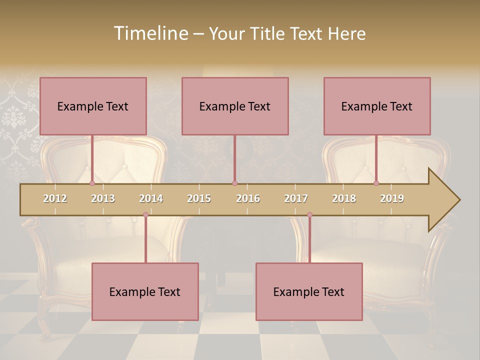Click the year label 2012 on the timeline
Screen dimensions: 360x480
pos(55,198)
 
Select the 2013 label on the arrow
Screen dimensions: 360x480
pos(103,198)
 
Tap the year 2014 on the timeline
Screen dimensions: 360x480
pos(151,198)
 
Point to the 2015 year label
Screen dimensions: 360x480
pos(199,198)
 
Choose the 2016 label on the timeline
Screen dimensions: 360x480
pos(248,198)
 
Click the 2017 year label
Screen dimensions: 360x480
pos(296,198)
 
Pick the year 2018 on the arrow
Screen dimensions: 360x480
pos(344,198)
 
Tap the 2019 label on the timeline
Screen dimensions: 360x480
pos(392,198)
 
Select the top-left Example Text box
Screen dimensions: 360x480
pos(93,106)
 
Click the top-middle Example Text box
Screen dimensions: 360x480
pos(235,106)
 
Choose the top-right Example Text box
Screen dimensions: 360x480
pos(377,106)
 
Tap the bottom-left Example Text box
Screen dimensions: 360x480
pos(145,291)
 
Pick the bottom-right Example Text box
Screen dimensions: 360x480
pos(309,291)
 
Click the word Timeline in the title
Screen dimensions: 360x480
pos(150,33)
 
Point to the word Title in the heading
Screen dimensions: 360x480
pos(272,33)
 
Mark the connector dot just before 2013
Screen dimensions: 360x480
pos(92,183)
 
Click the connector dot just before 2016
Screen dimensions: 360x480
pos(234,183)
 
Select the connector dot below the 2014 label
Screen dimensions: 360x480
pos(145,214)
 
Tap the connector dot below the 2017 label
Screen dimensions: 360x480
pos(309,214)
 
